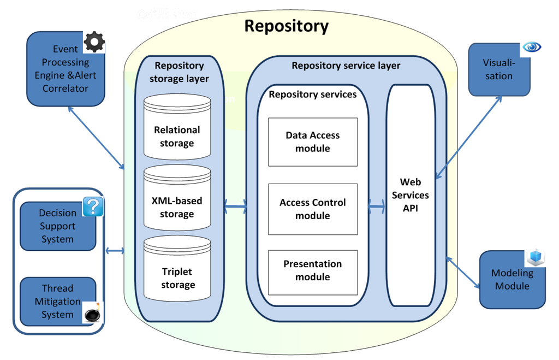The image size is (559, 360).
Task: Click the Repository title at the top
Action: (286, 26)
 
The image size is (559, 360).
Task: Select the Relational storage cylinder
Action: (177, 129)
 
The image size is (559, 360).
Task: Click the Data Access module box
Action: (313, 141)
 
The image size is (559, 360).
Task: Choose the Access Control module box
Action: (313, 209)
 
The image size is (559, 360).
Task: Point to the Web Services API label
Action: (410, 195)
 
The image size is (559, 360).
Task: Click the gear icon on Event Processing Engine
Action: (94, 42)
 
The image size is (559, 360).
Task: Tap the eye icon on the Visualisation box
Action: (531, 48)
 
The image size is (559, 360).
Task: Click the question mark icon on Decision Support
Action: (93, 207)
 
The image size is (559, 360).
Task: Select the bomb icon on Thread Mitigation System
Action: (92, 314)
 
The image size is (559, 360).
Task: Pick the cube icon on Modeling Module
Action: (536, 257)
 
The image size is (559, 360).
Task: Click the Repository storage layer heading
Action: (179, 72)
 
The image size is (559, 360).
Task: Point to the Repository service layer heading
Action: (346, 66)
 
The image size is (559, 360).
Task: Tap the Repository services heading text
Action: (312, 95)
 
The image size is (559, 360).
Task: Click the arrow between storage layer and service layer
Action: (235, 206)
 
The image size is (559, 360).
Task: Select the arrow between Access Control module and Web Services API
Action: (377, 207)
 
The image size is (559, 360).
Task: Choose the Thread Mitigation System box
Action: (58, 301)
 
